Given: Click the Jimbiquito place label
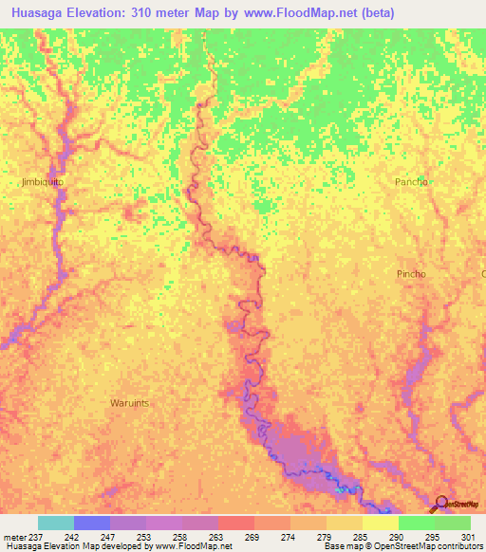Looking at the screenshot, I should coord(42,179).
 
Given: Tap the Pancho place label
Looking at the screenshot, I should coord(412,181).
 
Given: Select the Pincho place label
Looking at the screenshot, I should coord(411,273).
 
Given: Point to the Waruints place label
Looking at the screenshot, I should coord(129,402).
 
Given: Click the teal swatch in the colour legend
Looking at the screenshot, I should coord(56,523).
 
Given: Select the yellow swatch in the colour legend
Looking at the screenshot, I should coord(381,523).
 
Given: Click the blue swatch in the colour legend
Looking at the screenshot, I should coord(92,523).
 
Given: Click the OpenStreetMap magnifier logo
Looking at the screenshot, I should coord(440,503).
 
